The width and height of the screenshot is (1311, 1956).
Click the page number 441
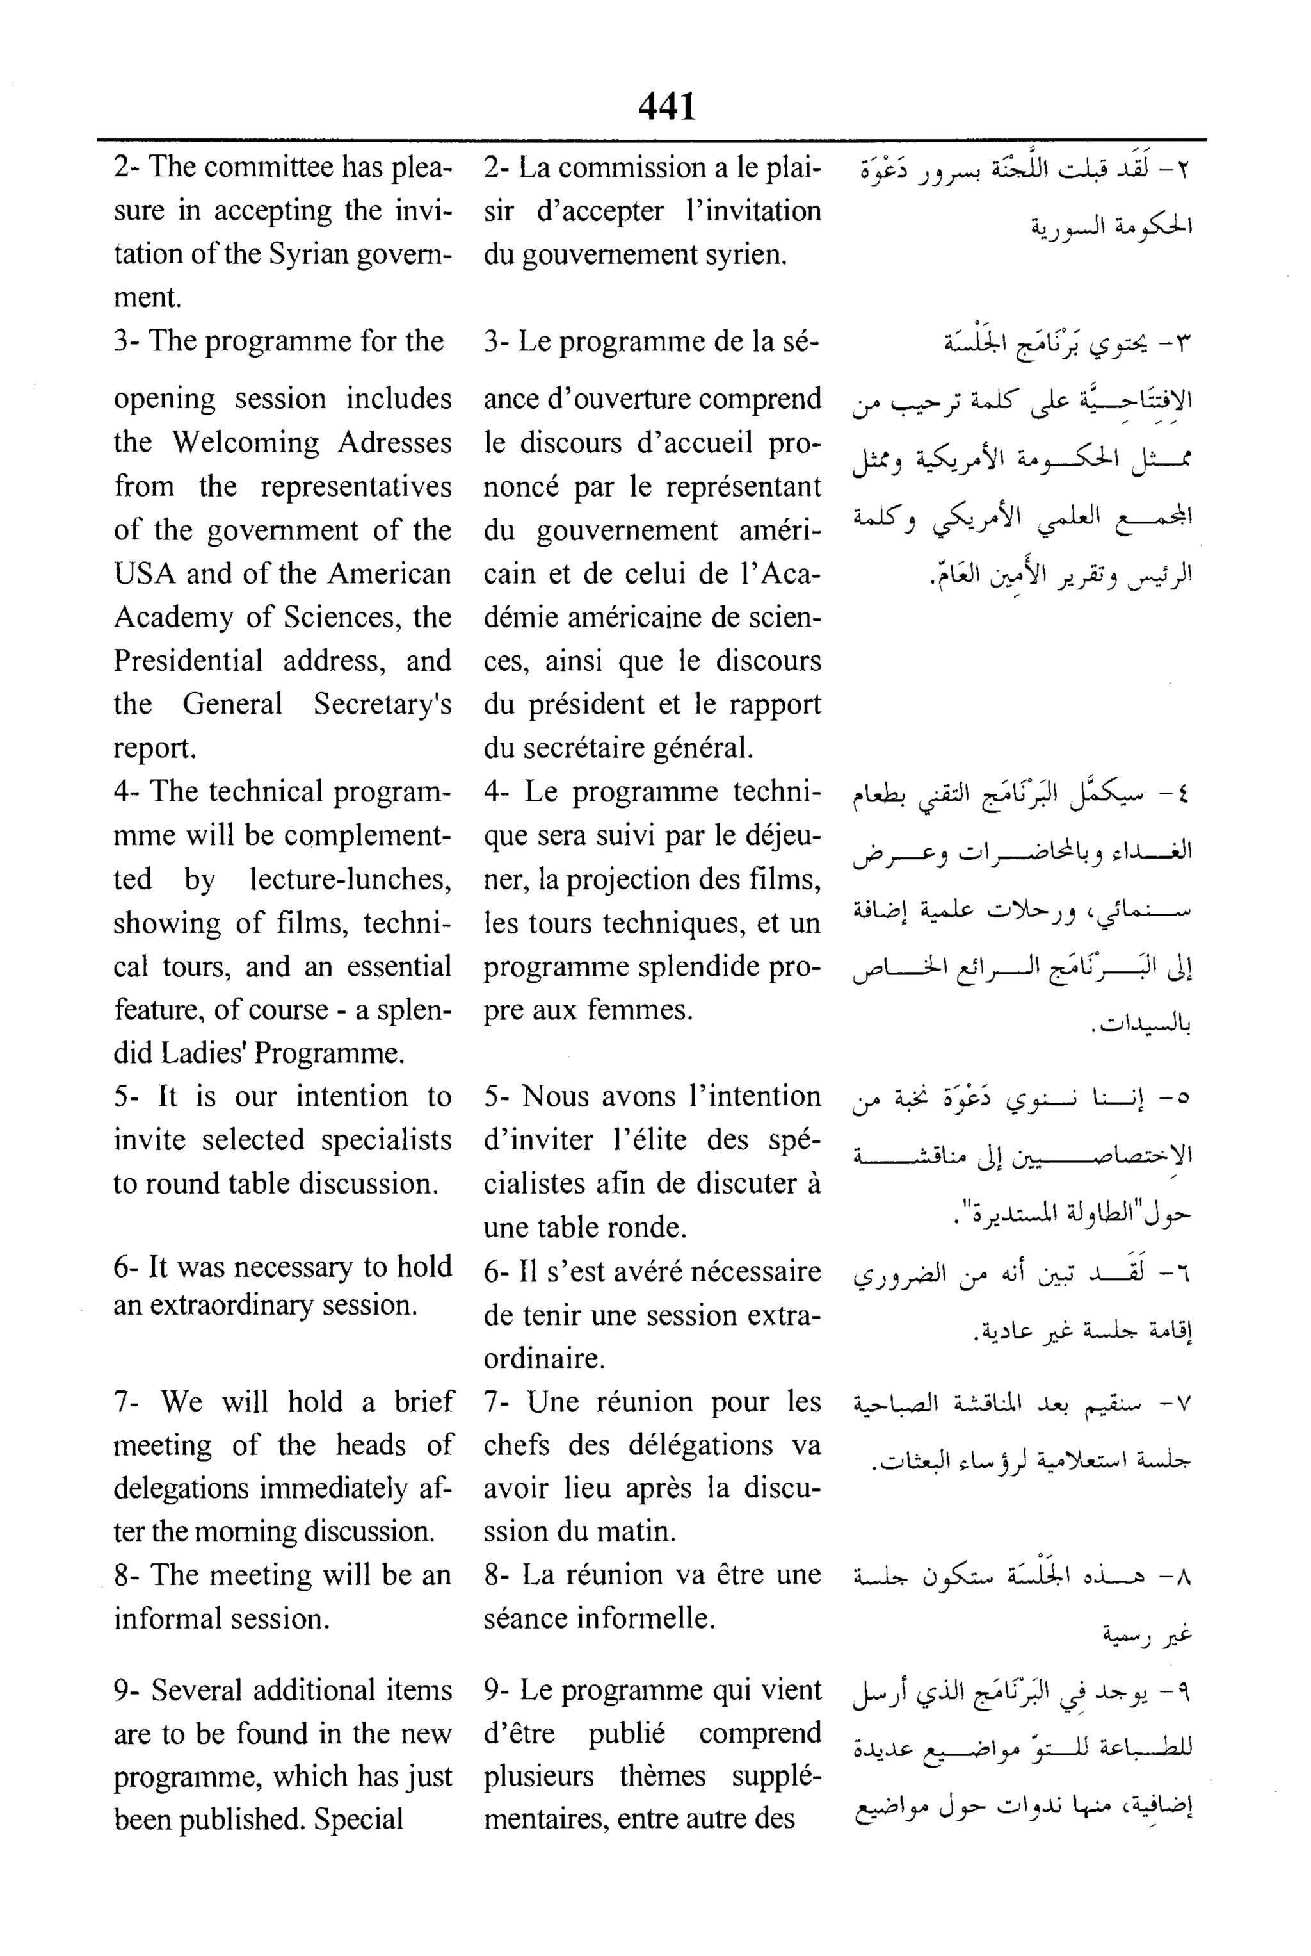(x=666, y=107)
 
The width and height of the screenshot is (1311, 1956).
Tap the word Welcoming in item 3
(x=245, y=443)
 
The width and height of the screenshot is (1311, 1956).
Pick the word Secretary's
(x=382, y=704)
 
